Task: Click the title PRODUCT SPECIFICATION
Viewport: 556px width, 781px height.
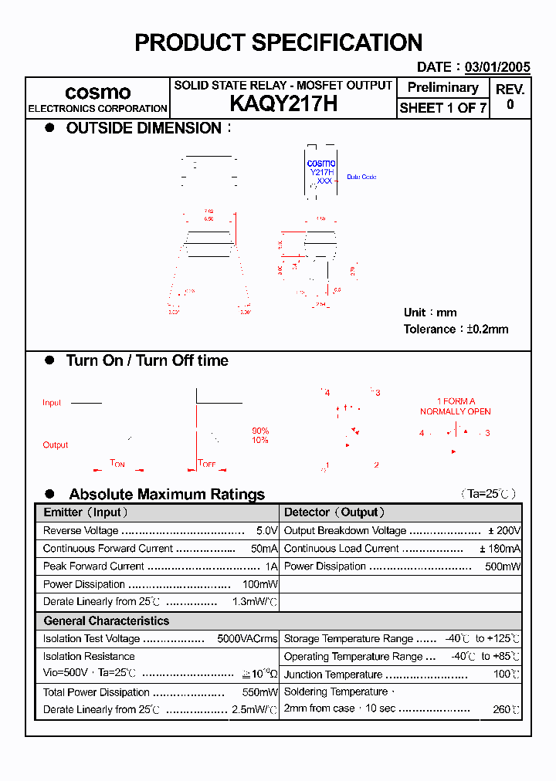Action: [278, 42]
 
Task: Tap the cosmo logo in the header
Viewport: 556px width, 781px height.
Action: [97, 93]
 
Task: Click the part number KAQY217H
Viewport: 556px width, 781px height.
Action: [283, 105]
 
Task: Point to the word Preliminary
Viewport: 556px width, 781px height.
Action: [442, 88]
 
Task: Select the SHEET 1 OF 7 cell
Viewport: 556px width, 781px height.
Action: [442, 108]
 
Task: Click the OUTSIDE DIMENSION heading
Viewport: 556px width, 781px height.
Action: [144, 128]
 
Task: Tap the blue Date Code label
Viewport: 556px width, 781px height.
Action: [361, 177]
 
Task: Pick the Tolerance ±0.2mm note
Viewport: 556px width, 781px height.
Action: [456, 329]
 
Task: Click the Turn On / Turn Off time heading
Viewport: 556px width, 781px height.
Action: [147, 360]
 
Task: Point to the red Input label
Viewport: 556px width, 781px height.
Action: [52, 403]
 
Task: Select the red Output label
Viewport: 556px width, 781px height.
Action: [56, 445]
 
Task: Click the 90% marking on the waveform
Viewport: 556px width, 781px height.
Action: [260, 431]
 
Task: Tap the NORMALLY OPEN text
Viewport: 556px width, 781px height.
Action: [456, 411]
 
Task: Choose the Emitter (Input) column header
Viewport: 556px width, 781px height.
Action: [86, 512]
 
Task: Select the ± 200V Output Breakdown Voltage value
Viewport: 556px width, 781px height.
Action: [504, 531]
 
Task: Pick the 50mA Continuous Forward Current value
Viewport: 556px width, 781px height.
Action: [264, 549]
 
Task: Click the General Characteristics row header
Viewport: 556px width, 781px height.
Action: [106, 620]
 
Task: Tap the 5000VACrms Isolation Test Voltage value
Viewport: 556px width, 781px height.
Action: [247, 639]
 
